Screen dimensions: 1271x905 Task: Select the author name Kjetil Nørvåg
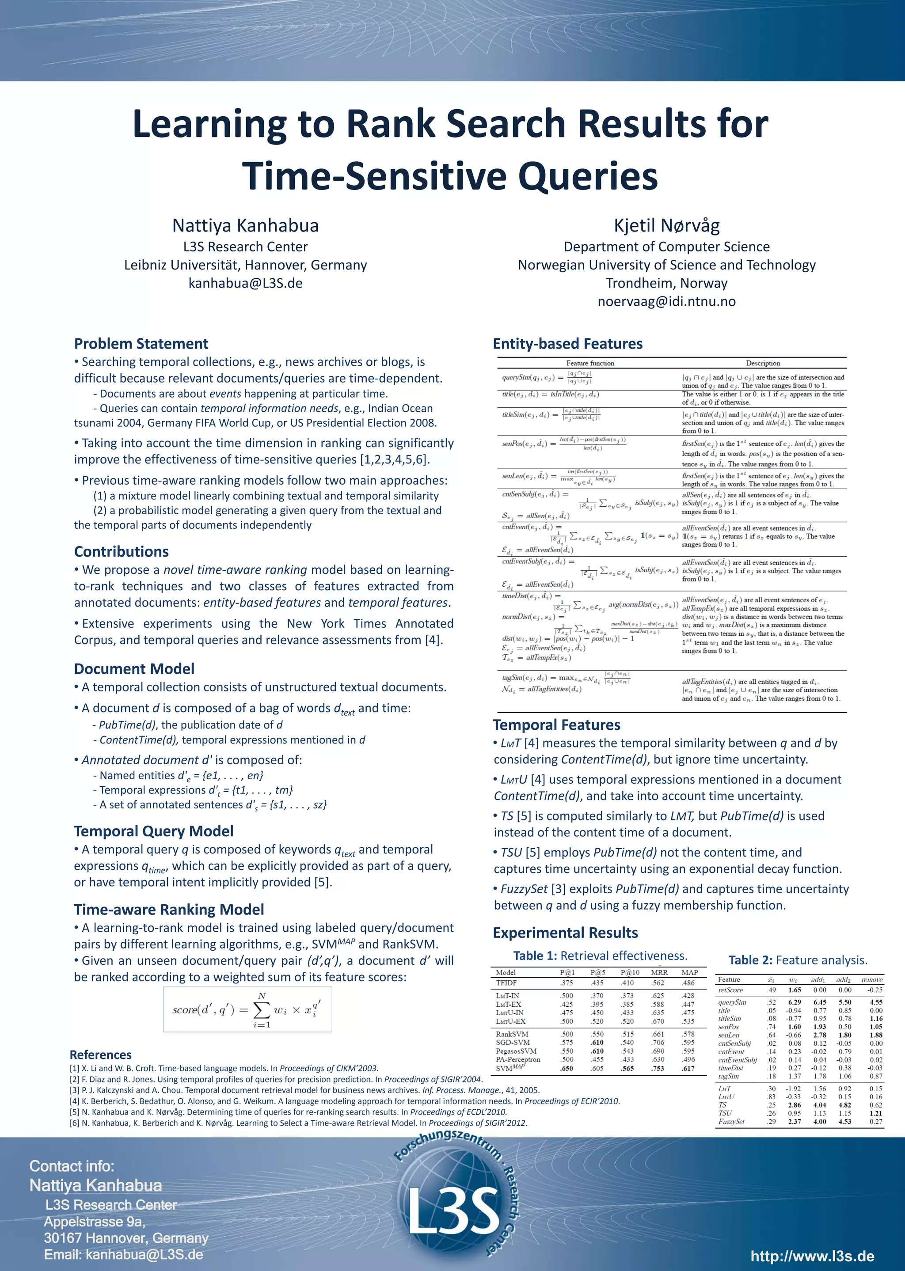pos(666,226)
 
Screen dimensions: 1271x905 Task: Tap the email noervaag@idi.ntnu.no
pos(666,301)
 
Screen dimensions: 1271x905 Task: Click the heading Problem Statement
pos(141,344)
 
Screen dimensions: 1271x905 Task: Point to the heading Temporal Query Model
pos(153,831)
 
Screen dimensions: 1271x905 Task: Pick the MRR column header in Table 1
pos(659,972)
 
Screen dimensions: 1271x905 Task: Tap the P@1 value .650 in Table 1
pos(567,1068)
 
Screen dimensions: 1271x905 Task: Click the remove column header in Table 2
pos(871,980)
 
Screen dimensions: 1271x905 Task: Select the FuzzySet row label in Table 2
pos(731,1121)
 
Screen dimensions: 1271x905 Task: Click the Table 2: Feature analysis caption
pos(798,960)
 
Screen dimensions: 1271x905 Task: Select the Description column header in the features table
pos(763,363)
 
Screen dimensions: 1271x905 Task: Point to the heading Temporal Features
pos(556,725)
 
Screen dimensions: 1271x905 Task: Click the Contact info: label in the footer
pos(71,1166)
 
